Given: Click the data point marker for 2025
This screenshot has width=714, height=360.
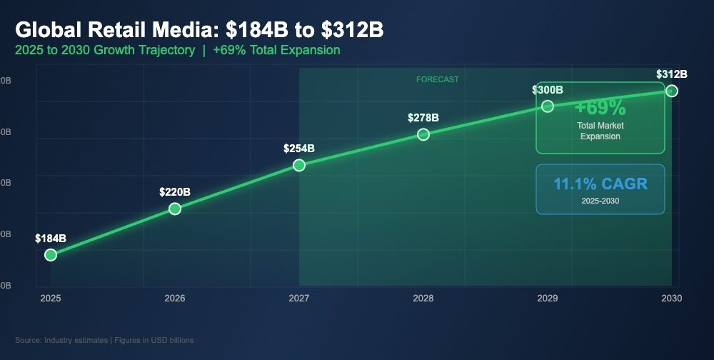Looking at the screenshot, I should tap(50, 254).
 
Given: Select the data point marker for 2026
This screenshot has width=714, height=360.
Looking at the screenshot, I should tap(175, 209).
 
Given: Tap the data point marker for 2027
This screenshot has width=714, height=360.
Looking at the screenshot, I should tap(299, 165).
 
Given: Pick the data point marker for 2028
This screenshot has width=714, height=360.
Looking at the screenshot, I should tap(423, 134).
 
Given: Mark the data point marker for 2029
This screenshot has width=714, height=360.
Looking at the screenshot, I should tap(548, 106).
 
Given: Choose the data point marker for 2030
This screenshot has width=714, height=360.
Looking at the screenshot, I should tap(671, 91).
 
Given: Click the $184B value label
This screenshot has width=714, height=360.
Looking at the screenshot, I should tap(51, 238).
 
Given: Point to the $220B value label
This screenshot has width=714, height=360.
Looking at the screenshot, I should tap(175, 191).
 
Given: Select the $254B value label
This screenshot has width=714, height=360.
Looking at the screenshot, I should tap(299, 149).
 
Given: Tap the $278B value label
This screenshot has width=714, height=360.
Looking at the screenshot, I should tap(423, 117).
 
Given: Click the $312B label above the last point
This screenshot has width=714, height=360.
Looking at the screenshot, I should tap(671, 74).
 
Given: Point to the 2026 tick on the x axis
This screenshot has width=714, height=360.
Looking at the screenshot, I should tap(175, 298).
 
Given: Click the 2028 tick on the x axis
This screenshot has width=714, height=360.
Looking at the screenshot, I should tap(423, 298).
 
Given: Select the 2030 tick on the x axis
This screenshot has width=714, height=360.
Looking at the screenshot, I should tap(671, 298).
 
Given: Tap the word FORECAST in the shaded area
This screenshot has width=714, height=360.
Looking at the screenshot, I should tap(438, 79).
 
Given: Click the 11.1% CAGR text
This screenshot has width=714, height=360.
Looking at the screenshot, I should tap(600, 184).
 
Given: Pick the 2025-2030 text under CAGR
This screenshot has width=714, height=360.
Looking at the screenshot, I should tap(600, 201).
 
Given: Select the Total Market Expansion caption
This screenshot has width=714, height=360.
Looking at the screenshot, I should tap(600, 131).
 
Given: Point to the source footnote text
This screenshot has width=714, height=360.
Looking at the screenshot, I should tap(104, 340).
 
